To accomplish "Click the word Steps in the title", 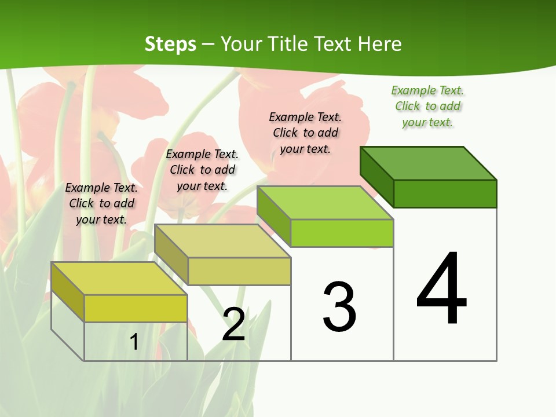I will [170, 44].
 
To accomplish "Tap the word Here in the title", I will [379, 44].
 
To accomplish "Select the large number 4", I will [441, 290].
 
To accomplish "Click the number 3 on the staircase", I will [339, 307].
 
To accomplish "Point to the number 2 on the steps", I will [233, 324].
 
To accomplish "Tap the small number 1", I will [134, 342].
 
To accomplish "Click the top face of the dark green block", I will [429, 163].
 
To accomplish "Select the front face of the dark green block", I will [445, 193].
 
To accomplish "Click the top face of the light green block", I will [325, 203].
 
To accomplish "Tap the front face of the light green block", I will [342, 233].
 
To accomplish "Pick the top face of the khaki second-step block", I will [222, 241].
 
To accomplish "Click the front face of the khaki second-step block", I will [239, 271].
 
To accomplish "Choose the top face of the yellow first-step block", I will [119, 279].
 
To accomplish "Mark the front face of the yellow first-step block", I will [136, 308].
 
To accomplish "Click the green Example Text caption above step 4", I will [427, 106].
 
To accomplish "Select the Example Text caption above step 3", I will [305, 133].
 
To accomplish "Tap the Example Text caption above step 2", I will [202, 170].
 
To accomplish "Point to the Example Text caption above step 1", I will [101, 203].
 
